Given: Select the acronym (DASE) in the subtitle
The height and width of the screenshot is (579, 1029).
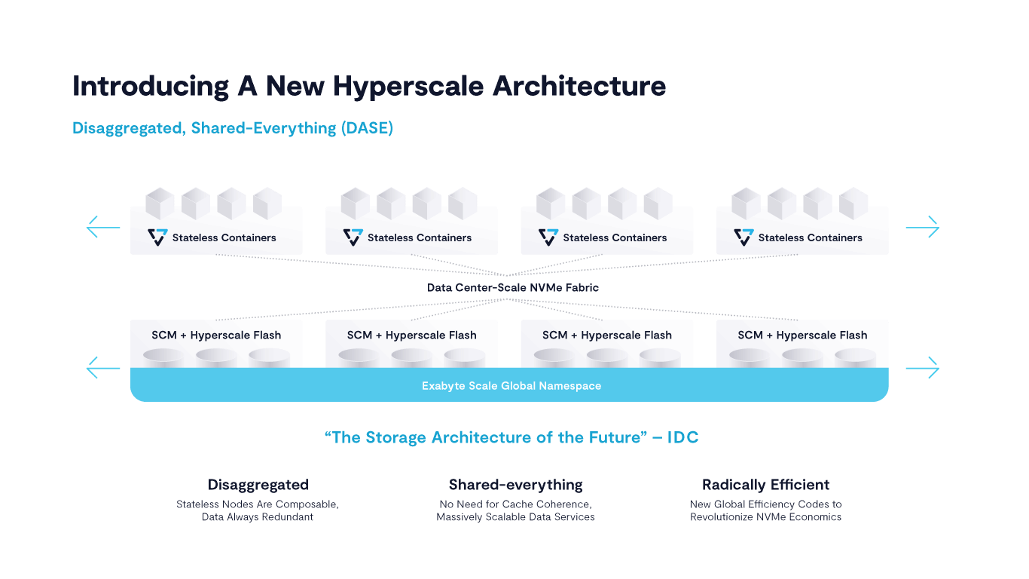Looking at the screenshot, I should pyautogui.click(x=367, y=128).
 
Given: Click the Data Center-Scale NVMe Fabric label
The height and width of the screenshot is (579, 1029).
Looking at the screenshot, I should pyautogui.click(x=513, y=288).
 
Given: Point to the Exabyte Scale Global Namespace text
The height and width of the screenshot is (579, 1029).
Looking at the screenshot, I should pyautogui.click(x=511, y=386).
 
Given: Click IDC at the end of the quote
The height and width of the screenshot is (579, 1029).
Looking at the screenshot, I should pyautogui.click(x=682, y=437).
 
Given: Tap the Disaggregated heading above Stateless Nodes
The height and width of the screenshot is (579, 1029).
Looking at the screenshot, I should pyautogui.click(x=258, y=485).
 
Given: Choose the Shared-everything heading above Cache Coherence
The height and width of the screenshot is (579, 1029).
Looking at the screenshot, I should pyautogui.click(x=515, y=485).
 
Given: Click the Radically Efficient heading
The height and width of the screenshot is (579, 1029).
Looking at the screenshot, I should pyautogui.click(x=765, y=485).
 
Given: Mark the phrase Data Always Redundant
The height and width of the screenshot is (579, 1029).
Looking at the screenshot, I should pyautogui.click(x=258, y=517).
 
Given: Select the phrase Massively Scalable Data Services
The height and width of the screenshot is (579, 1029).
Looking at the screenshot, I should pyautogui.click(x=515, y=517).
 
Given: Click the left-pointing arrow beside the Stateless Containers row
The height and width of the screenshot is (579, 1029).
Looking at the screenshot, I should pyautogui.click(x=103, y=227).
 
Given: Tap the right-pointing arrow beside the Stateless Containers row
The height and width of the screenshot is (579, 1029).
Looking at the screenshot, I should pyautogui.click(x=922, y=227).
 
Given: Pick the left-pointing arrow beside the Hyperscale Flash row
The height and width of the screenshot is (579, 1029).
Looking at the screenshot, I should pyautogui.click(x=103, y=368).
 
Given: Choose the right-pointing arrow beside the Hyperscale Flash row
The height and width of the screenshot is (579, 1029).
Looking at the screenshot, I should pyautogui.click(x=922, y=368).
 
